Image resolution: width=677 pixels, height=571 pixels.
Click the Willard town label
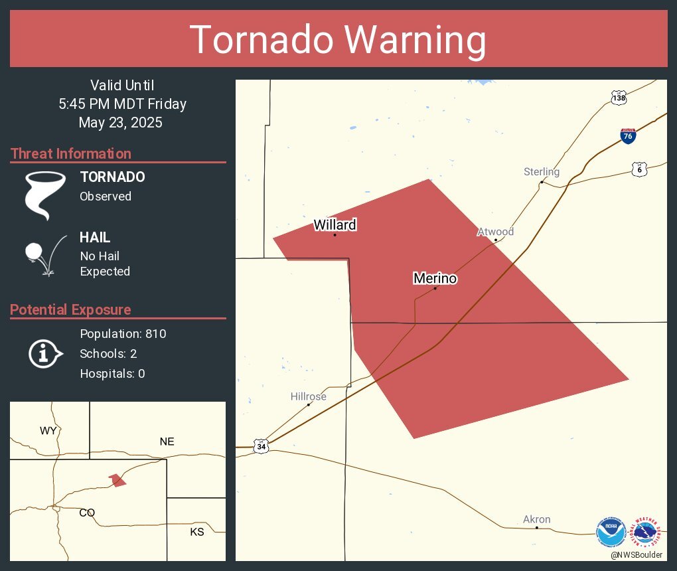point(335,225)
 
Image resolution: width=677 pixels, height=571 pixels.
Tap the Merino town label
point(435,278)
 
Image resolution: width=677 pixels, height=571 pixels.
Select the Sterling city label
point(542,172)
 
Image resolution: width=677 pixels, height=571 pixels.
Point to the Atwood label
point(495,232)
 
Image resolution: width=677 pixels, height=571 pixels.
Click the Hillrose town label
point(308,396)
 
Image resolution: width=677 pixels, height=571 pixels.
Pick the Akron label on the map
point(536,519)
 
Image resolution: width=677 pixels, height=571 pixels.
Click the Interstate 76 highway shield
point(628,136)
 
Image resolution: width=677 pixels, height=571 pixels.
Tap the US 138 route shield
point(619,98)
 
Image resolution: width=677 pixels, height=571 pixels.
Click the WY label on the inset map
point(48,431)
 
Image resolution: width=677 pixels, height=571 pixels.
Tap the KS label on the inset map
point(197,532)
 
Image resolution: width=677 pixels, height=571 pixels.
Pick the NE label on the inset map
point(167,442)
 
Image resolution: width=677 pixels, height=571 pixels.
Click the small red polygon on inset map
point(117,479)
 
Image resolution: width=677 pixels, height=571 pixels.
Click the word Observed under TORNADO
point(106,197)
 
